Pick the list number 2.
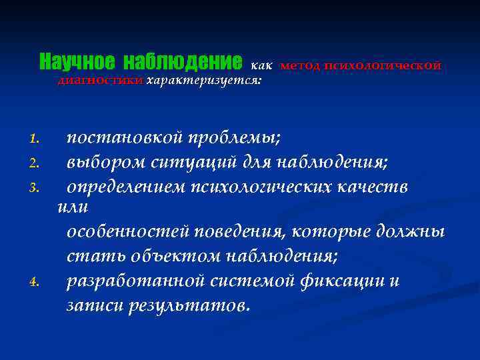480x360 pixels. point(36,162)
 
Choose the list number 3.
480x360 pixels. point(36,187)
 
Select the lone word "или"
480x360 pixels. point(73,207)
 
